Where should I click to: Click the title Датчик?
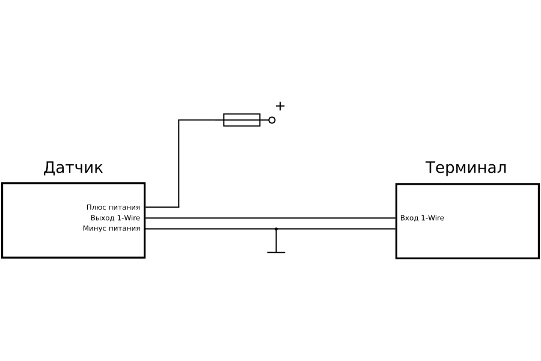point(73,168)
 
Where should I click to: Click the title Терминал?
point(466,168)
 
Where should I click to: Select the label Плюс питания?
point(113,208)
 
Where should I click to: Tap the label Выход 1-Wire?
point(115,218)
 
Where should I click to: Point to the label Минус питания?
point(111,229)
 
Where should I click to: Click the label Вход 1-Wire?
point(422,218)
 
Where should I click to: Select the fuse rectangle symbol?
point(242,120)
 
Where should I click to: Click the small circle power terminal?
point(272,120)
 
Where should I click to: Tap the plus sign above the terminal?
point(280,106)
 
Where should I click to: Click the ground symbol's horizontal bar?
point(276,252)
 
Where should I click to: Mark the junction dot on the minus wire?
point(276,229)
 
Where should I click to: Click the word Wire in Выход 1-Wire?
point(132,218)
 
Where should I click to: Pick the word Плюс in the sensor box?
point(96,208)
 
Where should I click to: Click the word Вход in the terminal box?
point(409,218)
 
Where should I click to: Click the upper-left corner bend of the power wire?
point(179,120)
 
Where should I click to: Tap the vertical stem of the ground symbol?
point(276,241)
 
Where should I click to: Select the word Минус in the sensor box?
point(94,229)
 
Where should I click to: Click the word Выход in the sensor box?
point(102,218)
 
